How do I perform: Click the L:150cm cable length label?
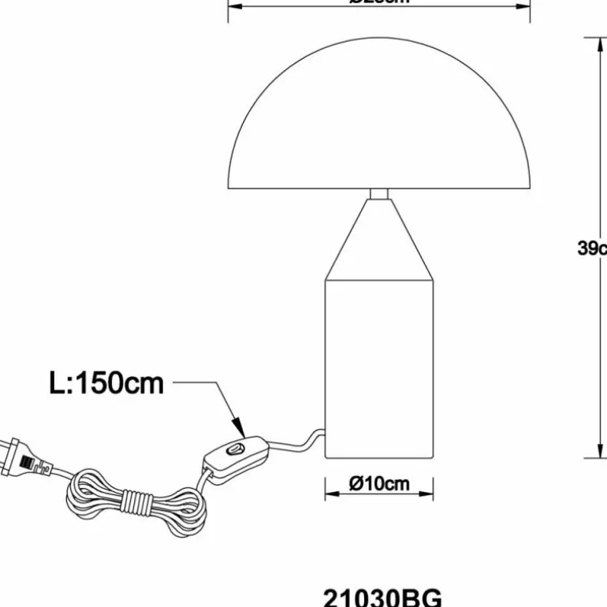[x=106, y=383]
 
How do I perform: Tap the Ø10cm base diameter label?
[x=379, y=483]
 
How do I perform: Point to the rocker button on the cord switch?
[x=234, y=450]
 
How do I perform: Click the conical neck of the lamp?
[x=379, y=240]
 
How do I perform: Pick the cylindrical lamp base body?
[x=379, y=367]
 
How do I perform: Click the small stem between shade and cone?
[x=379, y=194]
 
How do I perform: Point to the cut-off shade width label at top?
[x=379, y=2]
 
